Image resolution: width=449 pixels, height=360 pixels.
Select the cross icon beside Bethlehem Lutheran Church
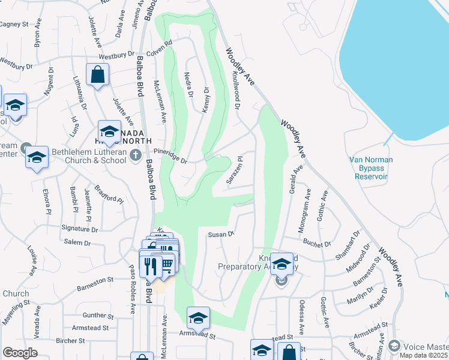[136, 157]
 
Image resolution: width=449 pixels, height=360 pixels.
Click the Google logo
[20, 353]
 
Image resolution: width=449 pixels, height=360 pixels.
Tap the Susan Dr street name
[220, 235]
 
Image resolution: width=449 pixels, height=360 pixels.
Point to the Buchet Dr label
[317, 244]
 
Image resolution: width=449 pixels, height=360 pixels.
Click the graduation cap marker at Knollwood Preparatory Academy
[282, 264]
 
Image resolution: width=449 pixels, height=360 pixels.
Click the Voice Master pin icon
[394, 346]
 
